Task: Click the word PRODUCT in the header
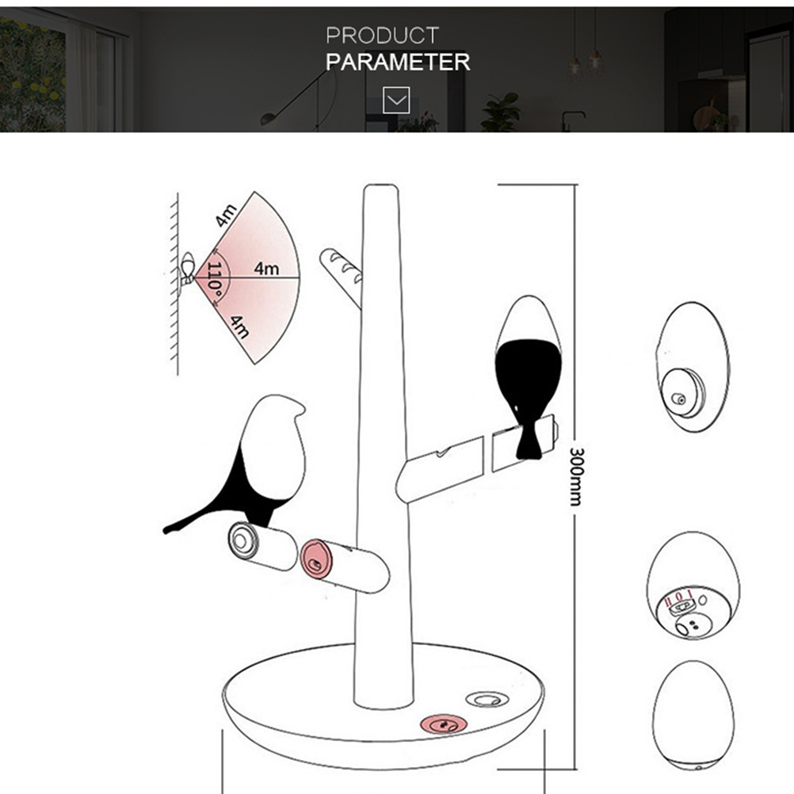point(382,36)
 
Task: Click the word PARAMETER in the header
point(398,62)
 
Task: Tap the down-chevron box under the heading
point(396,100)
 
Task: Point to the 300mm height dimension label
point(576,476)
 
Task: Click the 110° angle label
point(216,280)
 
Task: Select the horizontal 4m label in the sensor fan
point(266,268)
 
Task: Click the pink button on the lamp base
point(443,724)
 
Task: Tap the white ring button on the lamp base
point(487,700)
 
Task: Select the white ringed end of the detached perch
point(243,540)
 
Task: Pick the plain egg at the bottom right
point(693,715)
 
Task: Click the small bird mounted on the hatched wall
point(188,269)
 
